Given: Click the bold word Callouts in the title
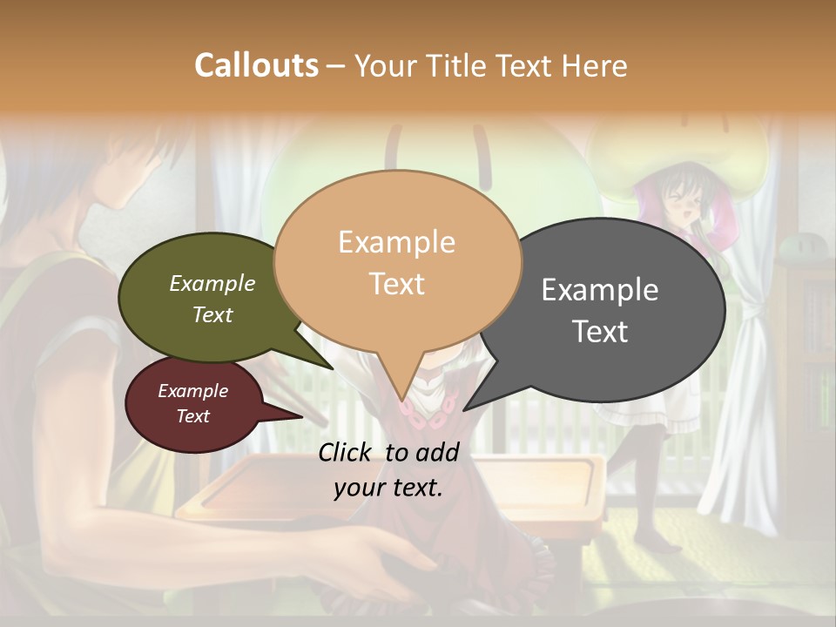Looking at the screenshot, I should (x=256, y=65).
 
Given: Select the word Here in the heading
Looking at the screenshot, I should (x=593, y=65).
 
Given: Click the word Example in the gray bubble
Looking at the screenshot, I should (x=600, y=289).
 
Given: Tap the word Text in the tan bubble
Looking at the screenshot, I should (x=397, y=284).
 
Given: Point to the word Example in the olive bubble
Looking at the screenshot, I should (x=212, y=284).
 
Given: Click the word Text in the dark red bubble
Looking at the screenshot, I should (x=193, y=416).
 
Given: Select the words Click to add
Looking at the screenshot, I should (x=388, y=452).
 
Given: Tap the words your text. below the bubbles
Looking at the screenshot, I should (x=388, y=488).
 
